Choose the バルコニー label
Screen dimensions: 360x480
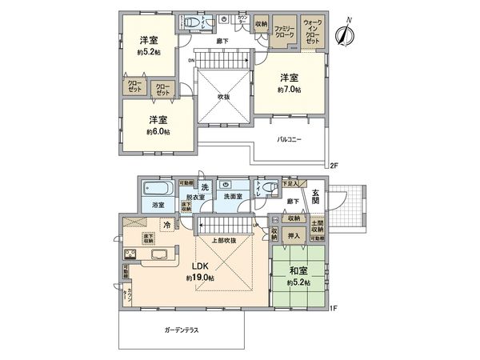click(290, 140)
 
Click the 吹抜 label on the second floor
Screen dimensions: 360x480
click(224, 98)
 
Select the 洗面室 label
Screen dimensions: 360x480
click(233, 196)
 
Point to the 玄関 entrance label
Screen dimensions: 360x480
click(316, 197)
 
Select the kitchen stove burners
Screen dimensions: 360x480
click(131, 255)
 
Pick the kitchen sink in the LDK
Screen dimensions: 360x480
click(158, 256)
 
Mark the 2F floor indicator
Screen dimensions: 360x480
click(334, 165)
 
